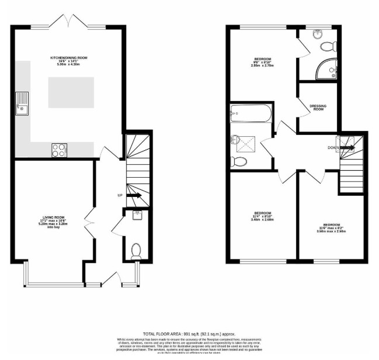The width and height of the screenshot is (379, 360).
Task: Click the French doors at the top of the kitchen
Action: click(x=68, y=24)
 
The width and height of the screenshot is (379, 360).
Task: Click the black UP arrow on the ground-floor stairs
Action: click(x=134, y=195)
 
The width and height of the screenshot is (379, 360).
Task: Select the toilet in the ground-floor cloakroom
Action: click(x=137, y=251)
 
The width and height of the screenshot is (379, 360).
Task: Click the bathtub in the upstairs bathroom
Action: click(x=249, y=113)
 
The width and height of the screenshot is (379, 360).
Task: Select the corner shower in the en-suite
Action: click(x=325, y=71)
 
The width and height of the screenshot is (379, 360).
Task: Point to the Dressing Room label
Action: click(x=318, y=108)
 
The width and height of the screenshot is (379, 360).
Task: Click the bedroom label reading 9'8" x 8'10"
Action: click(x=262, y=63)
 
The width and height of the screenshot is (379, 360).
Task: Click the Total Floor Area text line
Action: click(x=190, y=331)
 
